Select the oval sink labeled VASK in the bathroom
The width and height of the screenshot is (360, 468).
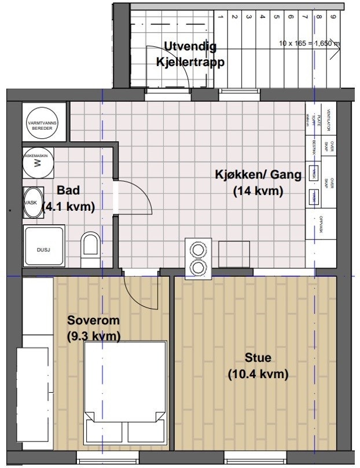click(33, 203)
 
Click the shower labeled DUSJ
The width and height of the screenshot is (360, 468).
click(43, 246)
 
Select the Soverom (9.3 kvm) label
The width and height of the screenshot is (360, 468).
click(94, 328)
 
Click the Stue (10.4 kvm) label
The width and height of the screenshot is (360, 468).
click(258, 366)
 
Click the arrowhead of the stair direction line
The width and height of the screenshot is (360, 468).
click(340, 43)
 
